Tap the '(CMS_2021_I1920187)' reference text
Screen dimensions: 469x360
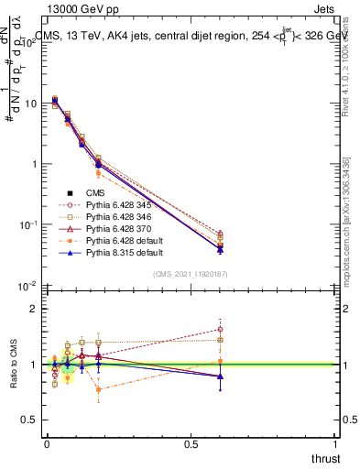click(x=190, y=274)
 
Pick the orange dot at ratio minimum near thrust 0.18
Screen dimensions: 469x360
click(x=98, y=389)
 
